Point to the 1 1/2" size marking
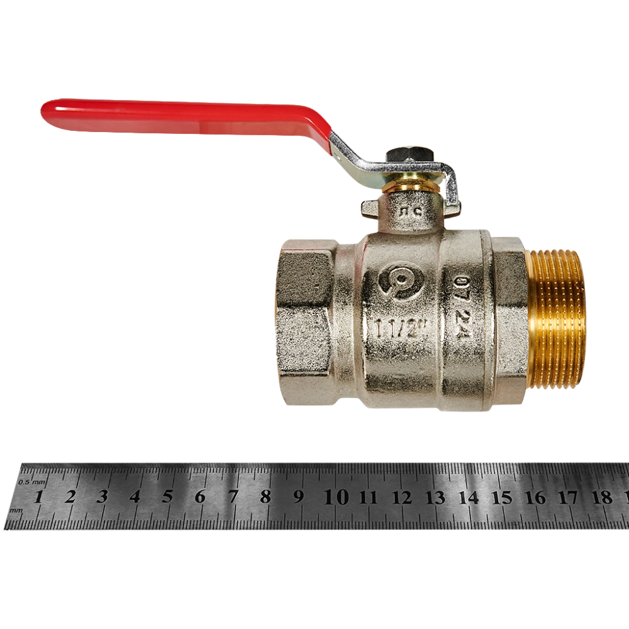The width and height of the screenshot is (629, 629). pos(401,330)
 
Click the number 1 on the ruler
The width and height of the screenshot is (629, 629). pos(38,497)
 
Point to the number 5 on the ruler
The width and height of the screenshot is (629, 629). pos(167,497)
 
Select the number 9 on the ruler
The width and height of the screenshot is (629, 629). pos(299,497)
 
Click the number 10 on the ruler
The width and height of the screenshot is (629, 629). pos(337,497)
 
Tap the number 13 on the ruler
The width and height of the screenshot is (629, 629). pos(435,498)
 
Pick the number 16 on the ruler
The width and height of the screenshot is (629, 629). pos(535,498)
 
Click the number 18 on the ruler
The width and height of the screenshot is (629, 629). pos(602,498)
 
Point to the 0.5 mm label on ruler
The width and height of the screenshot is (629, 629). pos(33,482)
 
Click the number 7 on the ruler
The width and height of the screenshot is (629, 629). pos(233,497)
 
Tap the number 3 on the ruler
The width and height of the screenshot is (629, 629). pos(103,497)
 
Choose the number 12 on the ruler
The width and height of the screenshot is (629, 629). pos(402,498)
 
